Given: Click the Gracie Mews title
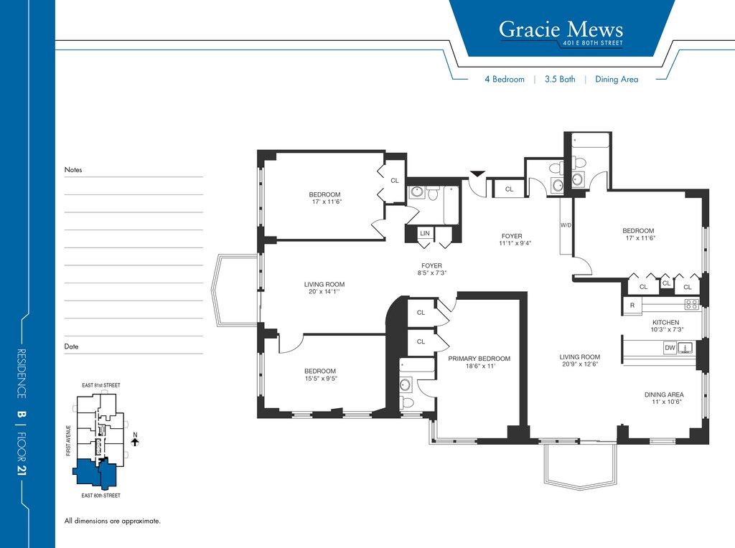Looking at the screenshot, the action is coord(561,29).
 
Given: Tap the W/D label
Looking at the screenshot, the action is coord(566,225).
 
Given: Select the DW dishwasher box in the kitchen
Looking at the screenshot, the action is coord(670,348).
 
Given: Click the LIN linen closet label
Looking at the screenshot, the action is coord(425,233).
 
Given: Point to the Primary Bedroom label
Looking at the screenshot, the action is coord(479,359).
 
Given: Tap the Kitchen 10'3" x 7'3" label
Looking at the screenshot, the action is coord(666,326).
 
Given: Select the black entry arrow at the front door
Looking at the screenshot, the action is coord(477,174).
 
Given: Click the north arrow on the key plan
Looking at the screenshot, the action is coord(135,441).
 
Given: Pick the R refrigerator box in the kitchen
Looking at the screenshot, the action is coord(632,306).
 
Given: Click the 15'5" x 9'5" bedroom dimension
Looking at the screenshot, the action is coord(321,379).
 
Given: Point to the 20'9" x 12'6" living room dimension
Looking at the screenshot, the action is coord(580,364).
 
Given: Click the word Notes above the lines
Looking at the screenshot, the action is coord(73,169).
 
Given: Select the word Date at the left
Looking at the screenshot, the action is coord(71,346).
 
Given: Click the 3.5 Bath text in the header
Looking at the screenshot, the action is coord(560,79).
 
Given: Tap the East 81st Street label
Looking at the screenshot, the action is coord(101,385).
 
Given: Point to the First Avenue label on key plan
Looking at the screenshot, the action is coord(68,440).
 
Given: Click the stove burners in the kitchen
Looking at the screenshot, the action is coord(691,304).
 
